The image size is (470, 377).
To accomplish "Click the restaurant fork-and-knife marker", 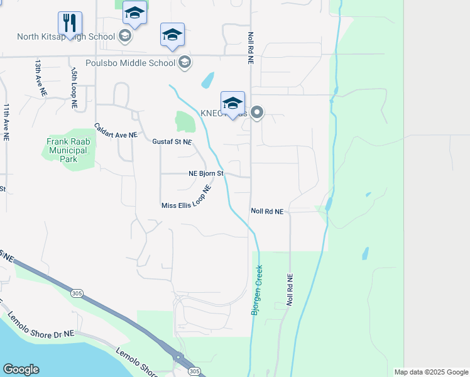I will pyautogui.click(x=70, y=23).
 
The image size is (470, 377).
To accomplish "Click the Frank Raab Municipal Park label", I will pyautogui.click(x=68, y=151).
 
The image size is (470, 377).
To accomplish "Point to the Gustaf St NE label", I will pyautogui.click(x=172, y=142).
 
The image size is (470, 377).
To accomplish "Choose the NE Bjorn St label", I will pyautogui.click(x=206, y=174).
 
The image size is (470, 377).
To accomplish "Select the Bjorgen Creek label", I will pyautogui.click(x=258, y=290).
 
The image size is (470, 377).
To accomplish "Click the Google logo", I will pyautogui.click(x=21, y=369).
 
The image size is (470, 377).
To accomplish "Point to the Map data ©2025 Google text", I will pyautogui.click(x=430, y=372).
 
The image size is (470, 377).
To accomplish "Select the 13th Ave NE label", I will pyautogui.click(x=40, y=77).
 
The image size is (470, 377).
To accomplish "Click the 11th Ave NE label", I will pyautogui.click(x=6, y=121).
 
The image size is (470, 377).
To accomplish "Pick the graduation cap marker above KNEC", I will pyautogui.click(x=232, y=103).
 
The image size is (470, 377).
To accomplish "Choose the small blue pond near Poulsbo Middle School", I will pyautogui.click(x=207, y=80).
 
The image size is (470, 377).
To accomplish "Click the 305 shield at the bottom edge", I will pyautogui.click(x=194, y=371).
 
